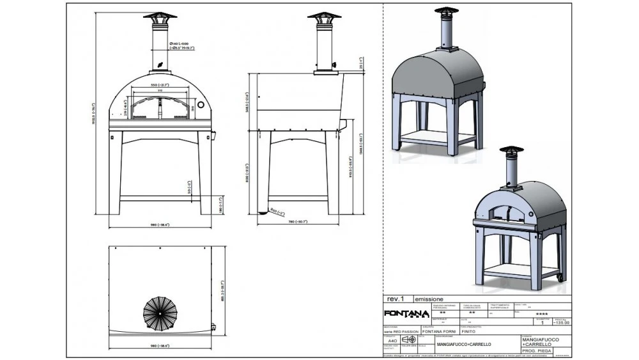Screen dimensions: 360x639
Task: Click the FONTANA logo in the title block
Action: [406, 313]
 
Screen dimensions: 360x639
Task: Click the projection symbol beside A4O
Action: [408, 340]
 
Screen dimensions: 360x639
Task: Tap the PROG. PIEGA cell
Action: [536, 350]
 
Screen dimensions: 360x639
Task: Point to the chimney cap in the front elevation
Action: [160, 17]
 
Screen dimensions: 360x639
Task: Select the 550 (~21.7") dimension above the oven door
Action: [160, 85]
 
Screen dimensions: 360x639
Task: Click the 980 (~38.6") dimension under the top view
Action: [160, 345]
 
